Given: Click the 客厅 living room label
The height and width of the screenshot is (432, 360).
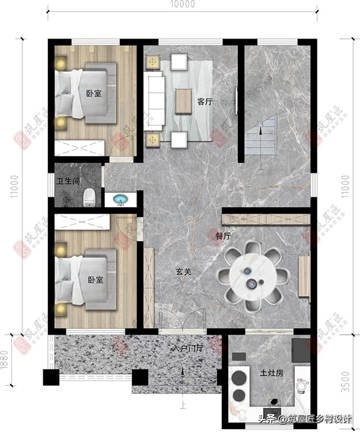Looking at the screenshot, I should [204, 102].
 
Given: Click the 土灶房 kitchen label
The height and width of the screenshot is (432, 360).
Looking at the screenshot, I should [271, 373].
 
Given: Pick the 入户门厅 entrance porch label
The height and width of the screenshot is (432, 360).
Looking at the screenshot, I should [187, 348].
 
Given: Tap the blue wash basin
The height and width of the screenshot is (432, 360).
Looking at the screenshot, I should [121, 200].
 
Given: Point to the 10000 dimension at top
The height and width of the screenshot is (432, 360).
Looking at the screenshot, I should [183, 5].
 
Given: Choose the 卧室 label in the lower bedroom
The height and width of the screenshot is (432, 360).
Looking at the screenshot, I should [95, 280].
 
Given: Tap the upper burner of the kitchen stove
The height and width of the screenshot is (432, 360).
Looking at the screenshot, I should [238, 378].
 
